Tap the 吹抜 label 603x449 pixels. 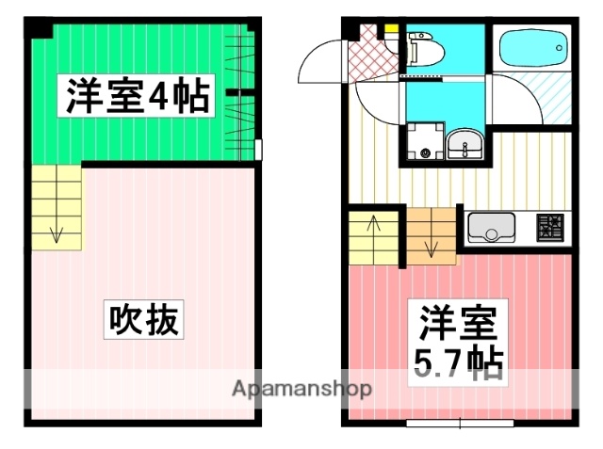click(142, 321)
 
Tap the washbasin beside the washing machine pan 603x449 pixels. click(463, 146)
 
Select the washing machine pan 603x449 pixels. click(423, 146)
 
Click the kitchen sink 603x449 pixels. click(491, 228)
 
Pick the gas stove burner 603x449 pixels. click(550, 227)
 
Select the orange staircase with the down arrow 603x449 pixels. click(432, 234)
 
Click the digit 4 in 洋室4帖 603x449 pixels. click(171, 96)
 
